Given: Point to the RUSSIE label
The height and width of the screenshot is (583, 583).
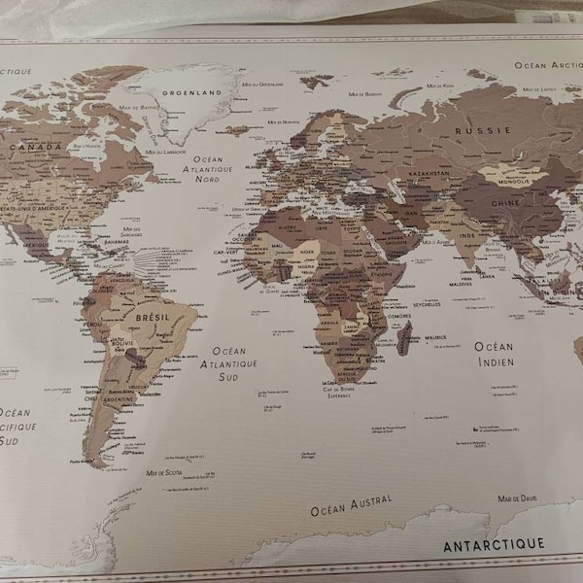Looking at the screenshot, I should point(483,129).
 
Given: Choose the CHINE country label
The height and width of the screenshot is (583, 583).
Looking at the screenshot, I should point(503,202).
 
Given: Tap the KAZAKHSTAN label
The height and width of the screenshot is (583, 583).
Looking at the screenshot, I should point(428,173).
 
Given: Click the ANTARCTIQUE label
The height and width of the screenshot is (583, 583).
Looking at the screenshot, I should point(494,545).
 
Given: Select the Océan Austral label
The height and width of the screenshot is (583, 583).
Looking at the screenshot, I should point(352,505).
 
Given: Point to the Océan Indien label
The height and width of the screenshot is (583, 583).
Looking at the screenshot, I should point(495,354).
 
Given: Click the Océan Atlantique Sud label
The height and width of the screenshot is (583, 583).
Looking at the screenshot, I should point(229,363).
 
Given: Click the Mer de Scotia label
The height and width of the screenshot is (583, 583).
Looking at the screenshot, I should point(165,472).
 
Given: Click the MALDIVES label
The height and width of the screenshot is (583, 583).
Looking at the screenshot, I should point(460,284).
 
